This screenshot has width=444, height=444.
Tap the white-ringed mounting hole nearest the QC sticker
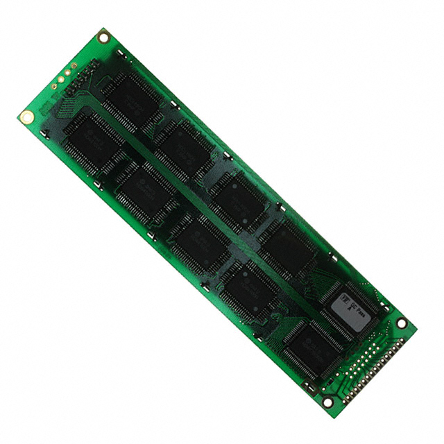(401, 323)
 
